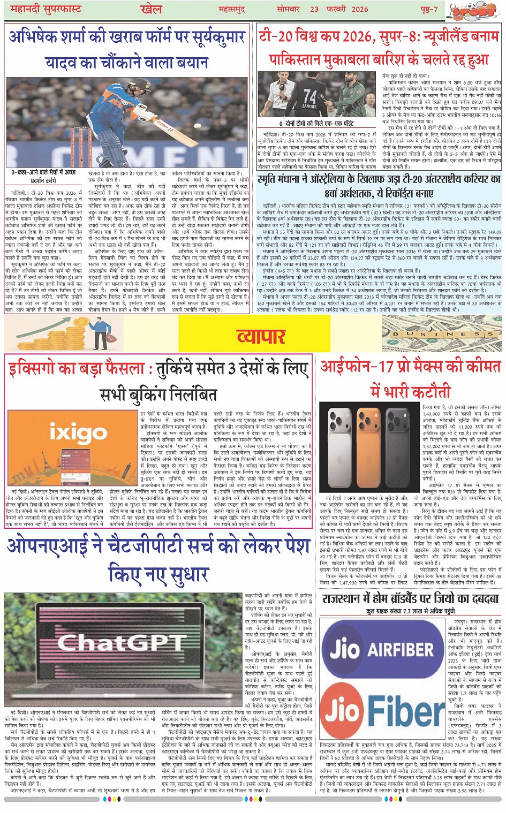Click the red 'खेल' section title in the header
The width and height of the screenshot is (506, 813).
coord(151,9)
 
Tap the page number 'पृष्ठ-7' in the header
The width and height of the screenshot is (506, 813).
coord(428,9)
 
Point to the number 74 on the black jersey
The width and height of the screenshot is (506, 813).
coord(310,96)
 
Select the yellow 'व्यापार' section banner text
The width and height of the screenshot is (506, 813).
coord(261,335)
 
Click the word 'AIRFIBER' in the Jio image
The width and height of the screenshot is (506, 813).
coord(401,650)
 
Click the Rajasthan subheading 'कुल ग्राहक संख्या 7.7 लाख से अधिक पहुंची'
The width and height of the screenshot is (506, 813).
coord(411,611)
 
